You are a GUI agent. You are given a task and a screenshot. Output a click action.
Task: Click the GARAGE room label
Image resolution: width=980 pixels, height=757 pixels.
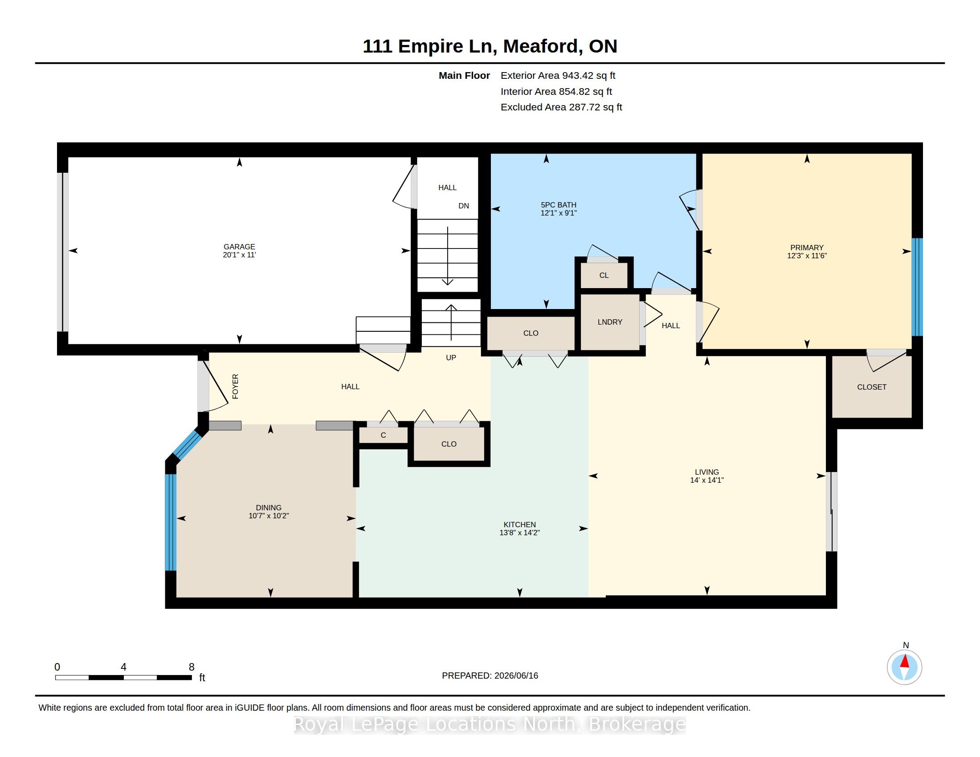[239, 247]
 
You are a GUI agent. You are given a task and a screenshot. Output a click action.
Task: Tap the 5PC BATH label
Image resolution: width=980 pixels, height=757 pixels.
[558, 205]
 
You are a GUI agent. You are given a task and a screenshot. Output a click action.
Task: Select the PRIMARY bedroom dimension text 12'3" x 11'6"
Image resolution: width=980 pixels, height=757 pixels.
[807, 256]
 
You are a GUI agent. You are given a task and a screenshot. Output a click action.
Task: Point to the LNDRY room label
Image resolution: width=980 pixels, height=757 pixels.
[610, 322]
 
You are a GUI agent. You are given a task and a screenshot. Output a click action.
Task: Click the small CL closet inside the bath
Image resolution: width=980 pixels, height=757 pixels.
[604, 275]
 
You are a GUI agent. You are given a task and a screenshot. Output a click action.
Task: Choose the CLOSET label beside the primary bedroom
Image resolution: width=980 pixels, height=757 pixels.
[871, 387]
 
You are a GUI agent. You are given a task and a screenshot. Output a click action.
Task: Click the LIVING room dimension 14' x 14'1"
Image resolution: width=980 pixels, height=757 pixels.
[707, 480]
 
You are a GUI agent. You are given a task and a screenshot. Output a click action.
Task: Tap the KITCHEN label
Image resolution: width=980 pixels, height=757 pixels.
[519, 525]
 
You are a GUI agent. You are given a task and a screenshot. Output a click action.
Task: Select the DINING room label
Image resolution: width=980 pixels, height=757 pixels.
[269, 508]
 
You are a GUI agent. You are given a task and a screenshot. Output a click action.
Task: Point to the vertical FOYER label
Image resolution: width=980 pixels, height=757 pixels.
[235, 387]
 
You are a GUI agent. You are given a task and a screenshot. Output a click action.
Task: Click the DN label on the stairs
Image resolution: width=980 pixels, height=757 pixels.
[464, 206]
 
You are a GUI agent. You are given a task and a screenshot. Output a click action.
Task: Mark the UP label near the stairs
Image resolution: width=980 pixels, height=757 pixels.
[451, 358]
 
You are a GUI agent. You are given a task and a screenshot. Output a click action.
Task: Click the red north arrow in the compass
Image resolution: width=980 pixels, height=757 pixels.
[905, 661]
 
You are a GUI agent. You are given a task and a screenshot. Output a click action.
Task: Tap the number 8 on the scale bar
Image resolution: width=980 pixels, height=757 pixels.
[192, 667]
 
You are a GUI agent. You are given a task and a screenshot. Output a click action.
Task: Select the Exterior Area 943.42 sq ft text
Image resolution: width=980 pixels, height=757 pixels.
[558, 76]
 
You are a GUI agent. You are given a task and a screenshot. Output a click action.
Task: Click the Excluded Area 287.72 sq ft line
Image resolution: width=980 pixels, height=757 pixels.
[561, 107]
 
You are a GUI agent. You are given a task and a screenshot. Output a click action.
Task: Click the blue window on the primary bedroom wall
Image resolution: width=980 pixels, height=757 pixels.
[917, 287]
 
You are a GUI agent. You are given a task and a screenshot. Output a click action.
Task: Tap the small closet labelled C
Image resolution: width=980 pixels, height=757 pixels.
[383, 435]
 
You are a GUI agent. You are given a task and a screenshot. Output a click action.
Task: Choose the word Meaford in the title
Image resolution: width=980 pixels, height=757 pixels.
[540, 46]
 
